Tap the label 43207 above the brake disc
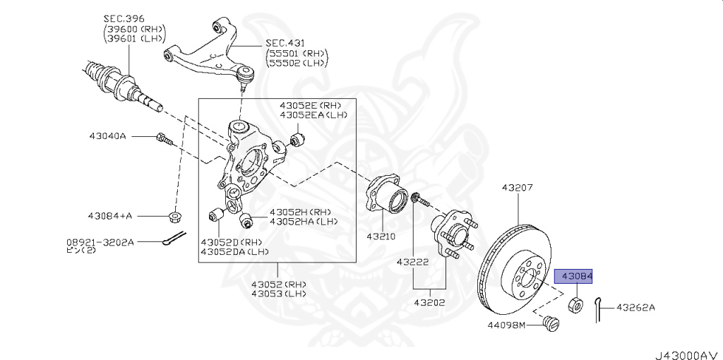[518, 188]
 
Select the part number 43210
[381, 237]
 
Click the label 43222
[412, 262]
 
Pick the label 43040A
[107, 136]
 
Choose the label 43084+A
[109, 215]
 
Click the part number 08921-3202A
[100, 241]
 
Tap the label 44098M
[506, 325]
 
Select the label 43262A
[635, 307]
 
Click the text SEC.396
[124, 19]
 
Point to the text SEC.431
[285, 43]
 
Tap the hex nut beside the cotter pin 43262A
[575, 305]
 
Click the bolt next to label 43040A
[164, 138]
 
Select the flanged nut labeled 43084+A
[174, 216]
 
